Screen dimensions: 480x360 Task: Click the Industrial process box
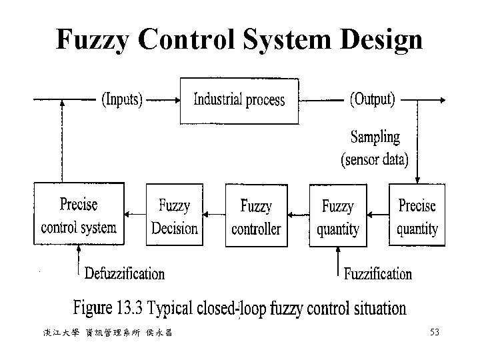tap(239, 101)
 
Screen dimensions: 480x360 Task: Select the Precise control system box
tap(79, 215)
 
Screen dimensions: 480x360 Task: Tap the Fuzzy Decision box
tap(175, 216)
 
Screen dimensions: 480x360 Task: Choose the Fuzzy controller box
tap(256, 216)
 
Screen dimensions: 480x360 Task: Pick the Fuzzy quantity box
tap(338, 216)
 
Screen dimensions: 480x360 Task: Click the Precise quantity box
tap(417, 216)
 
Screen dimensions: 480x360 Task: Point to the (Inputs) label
tap(121, 100)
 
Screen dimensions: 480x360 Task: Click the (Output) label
tap(373, 100)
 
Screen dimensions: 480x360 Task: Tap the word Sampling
tap(375, 138)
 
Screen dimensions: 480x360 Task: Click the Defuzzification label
tap(125, 273)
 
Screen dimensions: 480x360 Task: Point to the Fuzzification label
tap(378, 273)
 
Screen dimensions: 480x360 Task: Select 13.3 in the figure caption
tap(130, 309)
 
